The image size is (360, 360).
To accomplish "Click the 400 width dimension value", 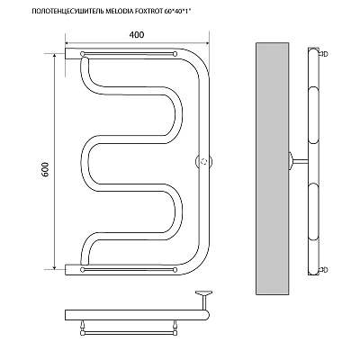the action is click(137, 35).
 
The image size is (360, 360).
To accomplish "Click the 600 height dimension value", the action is click(45, 169).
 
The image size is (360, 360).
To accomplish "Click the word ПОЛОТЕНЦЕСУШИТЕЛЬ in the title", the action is click(67, 12).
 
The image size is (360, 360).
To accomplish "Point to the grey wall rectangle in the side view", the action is click(272, 168).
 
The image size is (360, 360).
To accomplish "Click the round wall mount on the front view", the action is click(204, 161).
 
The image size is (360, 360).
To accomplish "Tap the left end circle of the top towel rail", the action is click(83, 54).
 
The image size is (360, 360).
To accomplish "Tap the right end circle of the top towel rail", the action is click(175, 54).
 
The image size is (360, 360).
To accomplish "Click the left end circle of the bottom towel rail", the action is click(83, 270).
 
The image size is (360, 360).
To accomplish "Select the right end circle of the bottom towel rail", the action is click(175, 270).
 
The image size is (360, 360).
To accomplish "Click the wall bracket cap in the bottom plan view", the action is click(204, 292).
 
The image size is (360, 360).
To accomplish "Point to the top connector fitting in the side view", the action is click(324, 54).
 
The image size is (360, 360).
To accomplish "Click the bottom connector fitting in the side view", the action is click(324, 269).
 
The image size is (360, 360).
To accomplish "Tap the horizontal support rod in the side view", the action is click(300, 161).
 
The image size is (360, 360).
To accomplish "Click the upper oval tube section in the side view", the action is click(313, 115).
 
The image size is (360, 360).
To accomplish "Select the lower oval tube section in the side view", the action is click(313, 211).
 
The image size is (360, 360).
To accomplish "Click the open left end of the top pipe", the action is click(66, 53).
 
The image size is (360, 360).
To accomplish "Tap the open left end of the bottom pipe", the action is click(66, 270).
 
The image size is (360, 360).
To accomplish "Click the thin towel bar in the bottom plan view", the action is click(129, 333).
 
